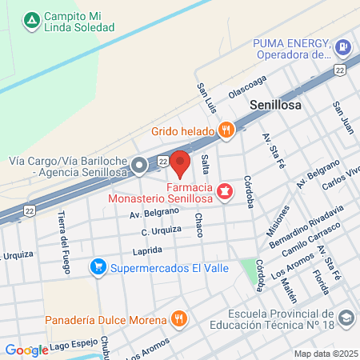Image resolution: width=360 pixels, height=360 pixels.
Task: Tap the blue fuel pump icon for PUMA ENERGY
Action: point(343,48)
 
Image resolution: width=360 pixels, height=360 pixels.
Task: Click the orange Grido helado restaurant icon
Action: point(226,130)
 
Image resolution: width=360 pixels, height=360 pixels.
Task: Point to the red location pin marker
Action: point(180,164)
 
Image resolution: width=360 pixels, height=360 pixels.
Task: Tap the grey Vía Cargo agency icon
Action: point(140,166)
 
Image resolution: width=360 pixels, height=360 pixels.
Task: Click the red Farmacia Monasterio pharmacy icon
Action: point(225,190)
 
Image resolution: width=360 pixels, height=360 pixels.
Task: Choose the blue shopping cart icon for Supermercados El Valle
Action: point(98,265)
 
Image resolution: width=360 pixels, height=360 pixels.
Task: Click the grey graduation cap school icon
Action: point(346,318)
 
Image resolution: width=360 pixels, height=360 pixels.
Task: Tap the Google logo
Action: point(26,350)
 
